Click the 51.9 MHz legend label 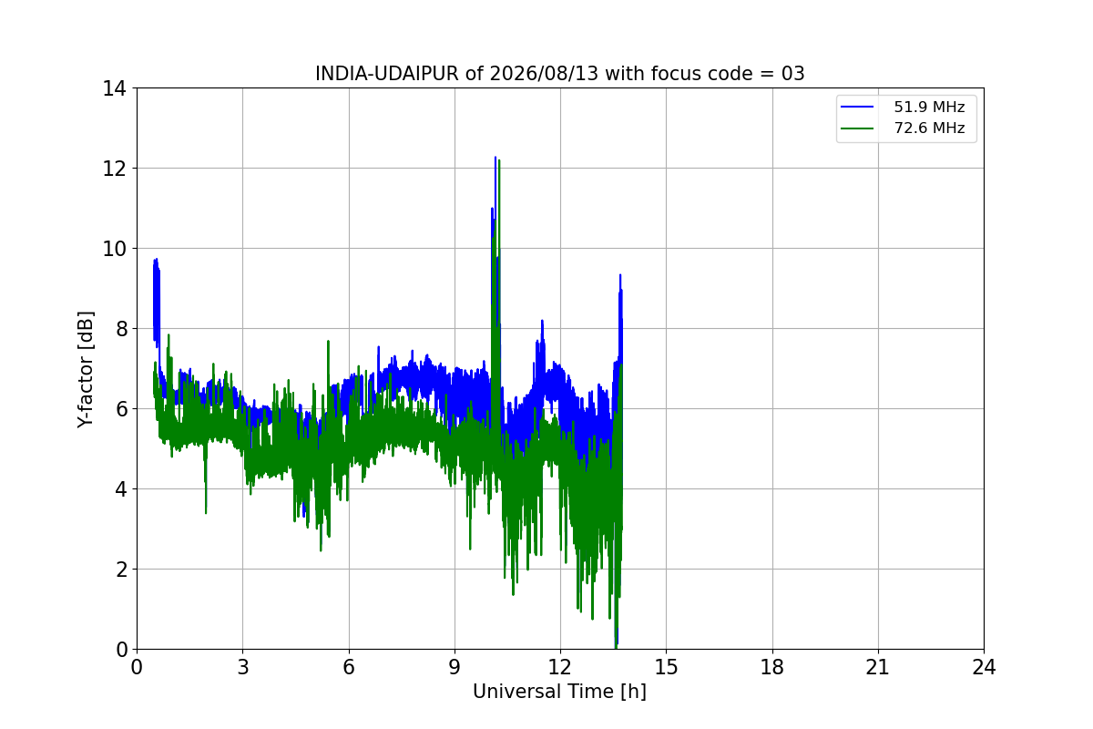click(929, 107)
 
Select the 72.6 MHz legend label click(929, 128)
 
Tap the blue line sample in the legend click(857, 107)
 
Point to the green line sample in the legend click(857, 128)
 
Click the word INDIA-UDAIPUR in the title click(387, 74)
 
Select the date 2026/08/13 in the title click(544, 74)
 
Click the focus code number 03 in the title click(792, 74)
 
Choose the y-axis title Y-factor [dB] click(86, 370)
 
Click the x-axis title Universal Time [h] click(559, 692)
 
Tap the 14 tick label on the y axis click(114, 89)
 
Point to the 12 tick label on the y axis click(114, 169)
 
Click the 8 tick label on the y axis click(121, 329)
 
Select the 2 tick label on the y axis click(121, 570)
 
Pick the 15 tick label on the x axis click(666, 667)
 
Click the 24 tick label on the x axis click(984, 667)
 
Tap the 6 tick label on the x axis click(349, 667)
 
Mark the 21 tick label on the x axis click(878, 667)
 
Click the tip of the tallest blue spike click(495, 158)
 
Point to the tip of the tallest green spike click(499, 160)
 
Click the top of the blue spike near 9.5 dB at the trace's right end click(620, 275)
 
